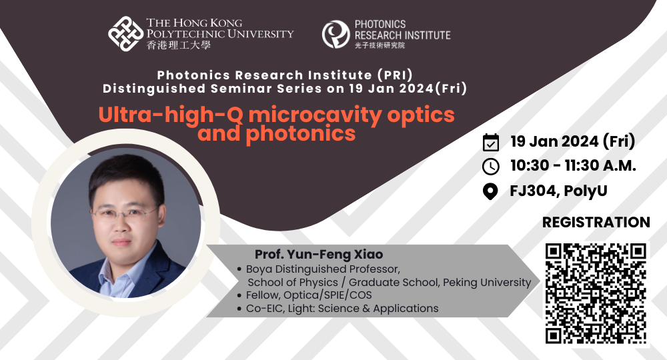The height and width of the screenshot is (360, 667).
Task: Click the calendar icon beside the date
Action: click(490, 142)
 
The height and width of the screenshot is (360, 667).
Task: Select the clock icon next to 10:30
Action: click(490, 167)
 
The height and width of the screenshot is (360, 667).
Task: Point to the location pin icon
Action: click(490, 192)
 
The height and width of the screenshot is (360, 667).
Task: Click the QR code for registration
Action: click(596, 293)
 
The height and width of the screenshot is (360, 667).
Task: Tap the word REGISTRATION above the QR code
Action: click(596, 222)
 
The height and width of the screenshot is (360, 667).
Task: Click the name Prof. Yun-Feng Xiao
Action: click(319, 255)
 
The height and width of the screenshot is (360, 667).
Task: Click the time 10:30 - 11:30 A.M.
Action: click(573, 167)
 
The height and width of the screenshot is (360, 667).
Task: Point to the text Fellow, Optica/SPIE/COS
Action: click(309, 295)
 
